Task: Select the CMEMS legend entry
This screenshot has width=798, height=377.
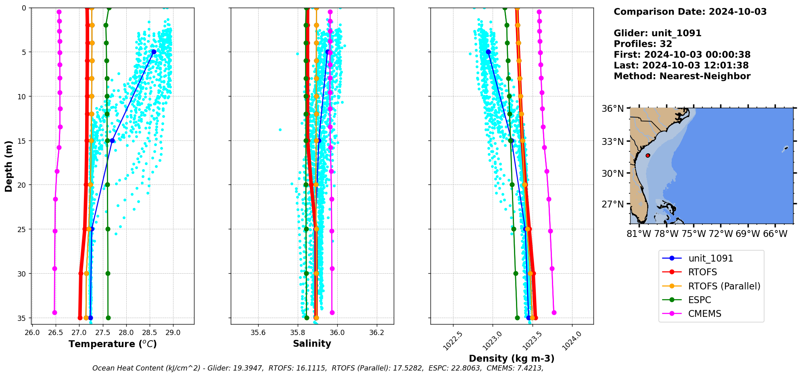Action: click(704, 314)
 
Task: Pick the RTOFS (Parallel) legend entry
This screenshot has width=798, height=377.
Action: click(724, 286)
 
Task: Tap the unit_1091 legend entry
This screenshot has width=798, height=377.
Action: click(710, 258)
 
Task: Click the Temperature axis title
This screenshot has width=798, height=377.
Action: click(113, 344)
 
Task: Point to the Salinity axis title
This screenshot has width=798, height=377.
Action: click(312, 343)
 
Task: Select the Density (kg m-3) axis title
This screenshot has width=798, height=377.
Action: click(512, 358)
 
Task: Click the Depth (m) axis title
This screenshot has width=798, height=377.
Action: click(9, 166)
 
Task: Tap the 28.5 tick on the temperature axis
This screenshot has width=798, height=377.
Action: click(150, 332)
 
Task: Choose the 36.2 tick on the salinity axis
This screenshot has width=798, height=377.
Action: click(377, 332)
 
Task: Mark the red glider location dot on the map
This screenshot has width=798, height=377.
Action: click(648, 155)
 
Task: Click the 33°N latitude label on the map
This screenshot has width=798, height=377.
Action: click(613, 141)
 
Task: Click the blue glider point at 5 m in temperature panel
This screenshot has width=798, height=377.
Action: click(154, 52)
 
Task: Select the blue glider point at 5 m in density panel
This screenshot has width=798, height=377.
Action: click(488, 52)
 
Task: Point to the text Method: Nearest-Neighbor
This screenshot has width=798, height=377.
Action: click(682, 76)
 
